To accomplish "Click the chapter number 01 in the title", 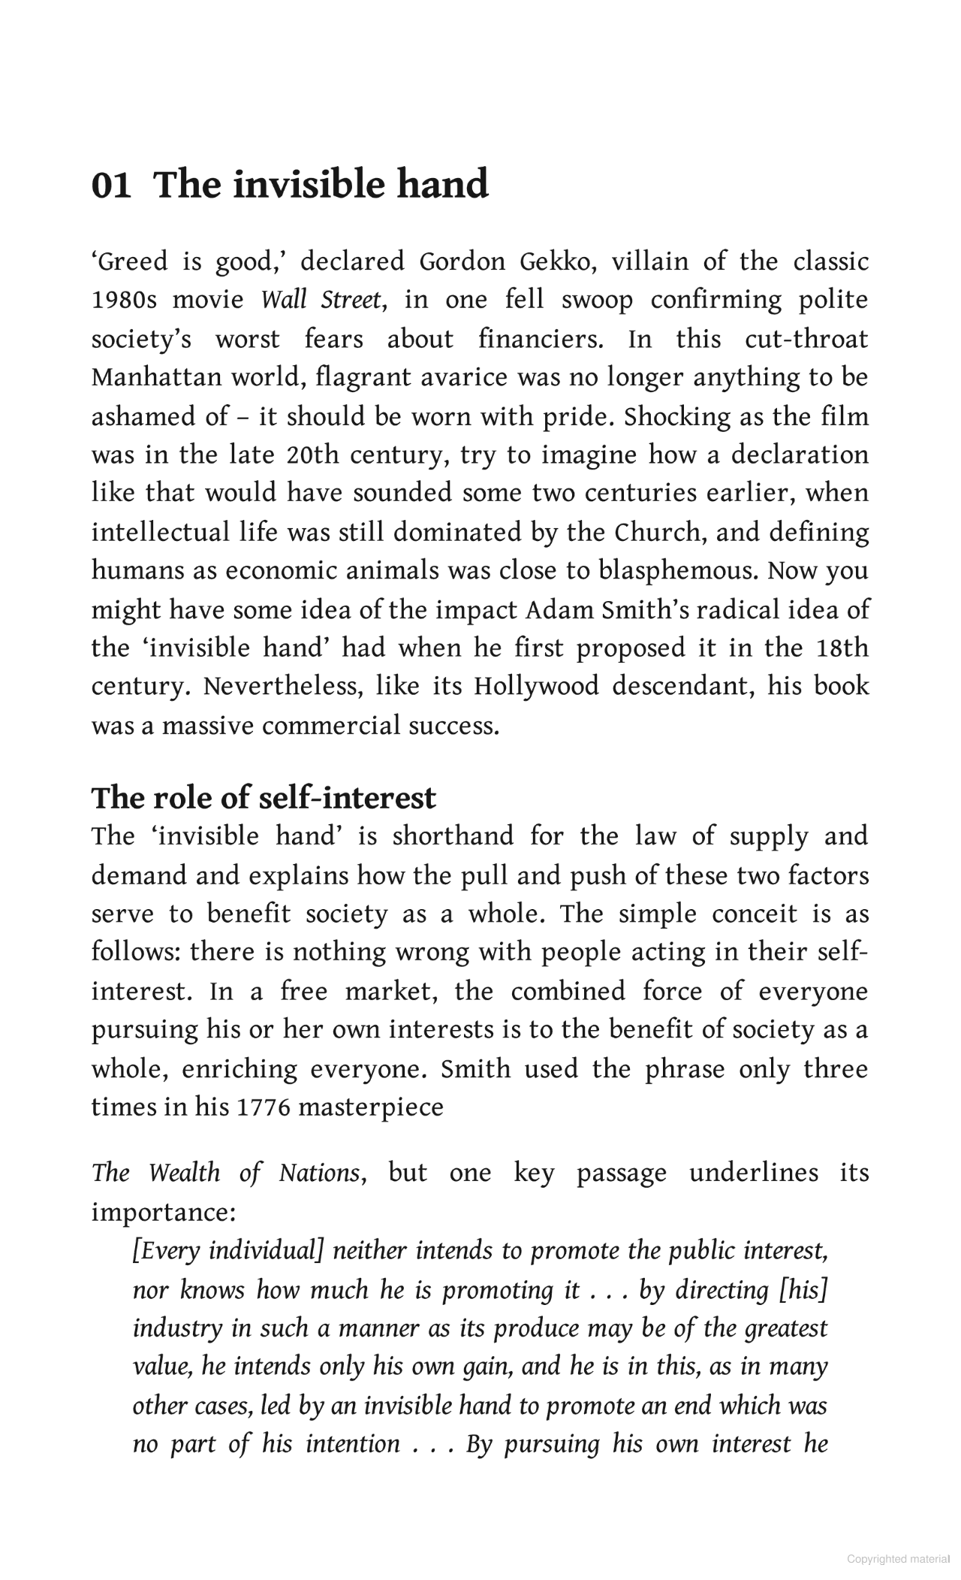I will pyautogui.click(x=110, y=185).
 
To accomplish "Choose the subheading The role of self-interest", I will pyautogui.click(x=264, y=798).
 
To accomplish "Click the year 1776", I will pyautogui.click(x=263, y=1107).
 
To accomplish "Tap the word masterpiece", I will pyautogui.click(x=371, y=1107).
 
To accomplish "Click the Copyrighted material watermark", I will pyautogui.click(x=898, y=1559).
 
